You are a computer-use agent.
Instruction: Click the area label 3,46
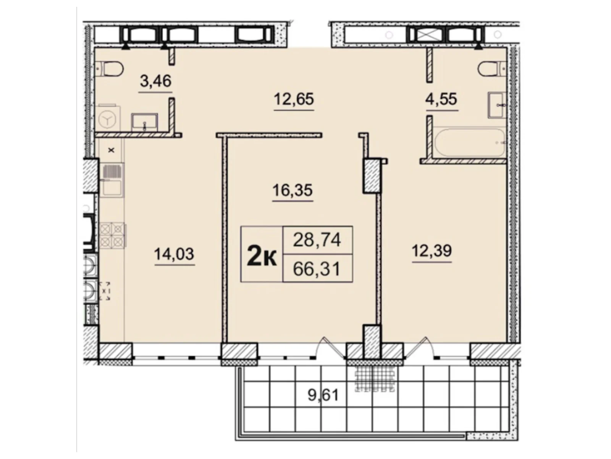[155, 81]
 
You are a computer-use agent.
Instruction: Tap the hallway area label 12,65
[294, 99]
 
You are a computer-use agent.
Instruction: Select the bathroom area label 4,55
[441, 99]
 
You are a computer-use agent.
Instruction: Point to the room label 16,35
[293, 190]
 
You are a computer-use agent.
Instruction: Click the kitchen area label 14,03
[174, 254]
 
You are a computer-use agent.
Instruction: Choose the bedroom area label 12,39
[432, 251]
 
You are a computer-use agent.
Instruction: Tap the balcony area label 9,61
[323, 395]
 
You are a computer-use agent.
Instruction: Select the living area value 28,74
[317, 240]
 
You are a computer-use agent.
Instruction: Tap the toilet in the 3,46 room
[110, 68]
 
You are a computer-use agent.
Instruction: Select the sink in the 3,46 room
[145, 122]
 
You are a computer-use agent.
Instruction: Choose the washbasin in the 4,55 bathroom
[496, 106]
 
